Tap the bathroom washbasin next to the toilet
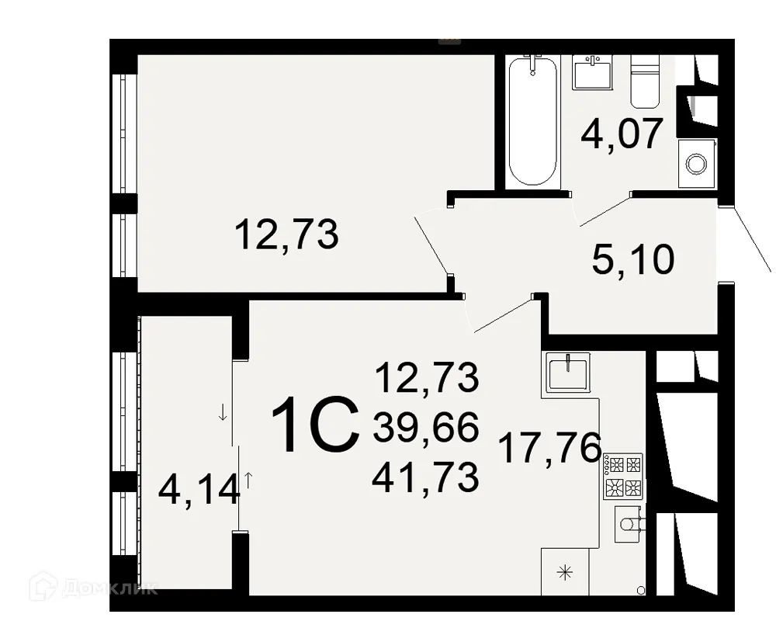point(594,71)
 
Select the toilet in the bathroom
point(643,82)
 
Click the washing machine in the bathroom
point(696,164)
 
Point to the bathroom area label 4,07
point(622,134)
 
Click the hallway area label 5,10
point(632,260)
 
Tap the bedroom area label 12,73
point(286,234)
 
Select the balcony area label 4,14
point(197,490)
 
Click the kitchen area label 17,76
point(550,448)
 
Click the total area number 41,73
point(424,477)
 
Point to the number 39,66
point(424,428)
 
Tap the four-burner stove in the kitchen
point(625,476)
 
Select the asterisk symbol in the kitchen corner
point(565,573)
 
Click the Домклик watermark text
point(116,587)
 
